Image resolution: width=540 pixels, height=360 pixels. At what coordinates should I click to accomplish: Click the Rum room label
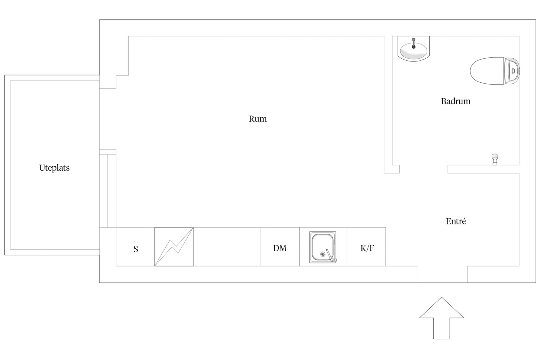pos(258,119)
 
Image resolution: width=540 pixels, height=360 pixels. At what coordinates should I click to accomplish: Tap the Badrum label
pos(456,101)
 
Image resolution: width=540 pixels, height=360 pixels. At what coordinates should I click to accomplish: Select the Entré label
pos(456,221)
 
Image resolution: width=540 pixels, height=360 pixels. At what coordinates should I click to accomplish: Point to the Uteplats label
pos(54,168)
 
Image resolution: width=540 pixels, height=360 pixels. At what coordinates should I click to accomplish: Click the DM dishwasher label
pos(280,248)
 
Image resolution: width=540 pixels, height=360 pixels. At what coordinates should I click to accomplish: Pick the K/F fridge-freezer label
pos(367,248)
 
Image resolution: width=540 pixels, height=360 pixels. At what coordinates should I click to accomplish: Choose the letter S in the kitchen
pos(136,249)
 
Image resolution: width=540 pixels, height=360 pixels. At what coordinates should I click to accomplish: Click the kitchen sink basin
pos(323,247)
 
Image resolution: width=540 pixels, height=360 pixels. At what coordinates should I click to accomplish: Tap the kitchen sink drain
pos(323,254)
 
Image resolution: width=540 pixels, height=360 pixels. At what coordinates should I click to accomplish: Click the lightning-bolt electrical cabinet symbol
pos(174,247)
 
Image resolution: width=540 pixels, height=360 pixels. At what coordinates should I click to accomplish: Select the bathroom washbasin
pos(413,49)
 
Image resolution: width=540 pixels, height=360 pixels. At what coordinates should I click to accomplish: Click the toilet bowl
pos(487,71)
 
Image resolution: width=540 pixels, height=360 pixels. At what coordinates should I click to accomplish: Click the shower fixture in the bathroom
pos(495,160)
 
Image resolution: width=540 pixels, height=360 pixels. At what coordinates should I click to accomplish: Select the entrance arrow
pos(442,318)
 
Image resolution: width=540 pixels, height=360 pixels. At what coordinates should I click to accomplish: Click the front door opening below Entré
pos(442,274)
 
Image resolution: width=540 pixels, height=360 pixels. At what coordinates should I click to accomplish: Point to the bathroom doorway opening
pos(424,169)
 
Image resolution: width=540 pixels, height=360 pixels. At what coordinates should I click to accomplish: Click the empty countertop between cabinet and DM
pos(227,247)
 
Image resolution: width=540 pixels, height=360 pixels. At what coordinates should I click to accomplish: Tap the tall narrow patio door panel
pos(108,191)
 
